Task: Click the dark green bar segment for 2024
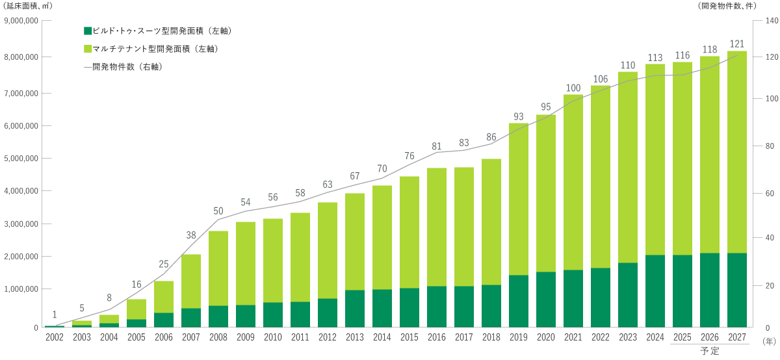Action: (655, 291)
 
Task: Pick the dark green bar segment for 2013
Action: (355, 308)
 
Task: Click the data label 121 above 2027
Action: (737, 44)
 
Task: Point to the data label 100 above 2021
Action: (573, 88)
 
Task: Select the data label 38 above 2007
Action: (191, 235)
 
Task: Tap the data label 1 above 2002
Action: (55, 315)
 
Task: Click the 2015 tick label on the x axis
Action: (409, 337)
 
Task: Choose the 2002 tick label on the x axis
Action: (55, 337)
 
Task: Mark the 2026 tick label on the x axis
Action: (710, 337)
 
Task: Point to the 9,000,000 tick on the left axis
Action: (21, 21)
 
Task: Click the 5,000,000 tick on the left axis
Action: (21, 158)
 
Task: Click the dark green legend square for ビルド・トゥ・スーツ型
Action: (88, 31)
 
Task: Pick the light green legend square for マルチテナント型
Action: (88, 49)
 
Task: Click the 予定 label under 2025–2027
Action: (710, 352)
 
